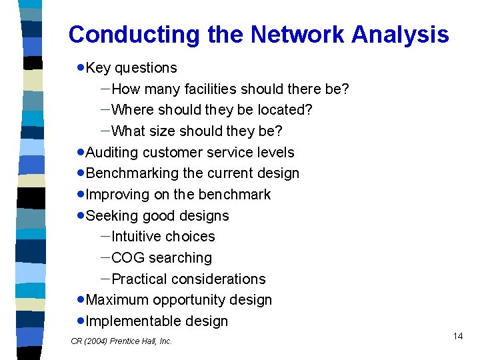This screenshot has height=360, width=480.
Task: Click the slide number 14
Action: click(457, 336)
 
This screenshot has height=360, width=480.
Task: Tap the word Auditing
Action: click(113, 152)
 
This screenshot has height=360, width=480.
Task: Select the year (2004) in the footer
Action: click(95, 341)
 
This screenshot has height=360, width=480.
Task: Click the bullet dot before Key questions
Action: click(80, 68)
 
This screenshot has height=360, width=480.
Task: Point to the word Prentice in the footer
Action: click(126, 341)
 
